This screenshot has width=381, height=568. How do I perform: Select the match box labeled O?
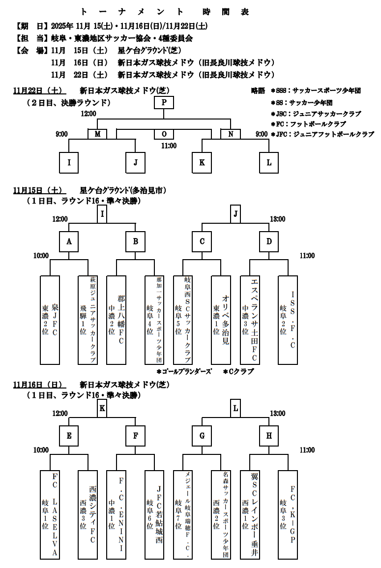(164, 134)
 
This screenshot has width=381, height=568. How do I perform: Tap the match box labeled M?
(97, 134)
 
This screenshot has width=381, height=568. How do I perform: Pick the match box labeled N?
(230, 134)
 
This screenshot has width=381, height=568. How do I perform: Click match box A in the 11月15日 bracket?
(69, 241)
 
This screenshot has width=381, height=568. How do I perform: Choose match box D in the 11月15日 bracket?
(269, 241)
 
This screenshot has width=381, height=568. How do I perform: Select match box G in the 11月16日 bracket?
(202, 436)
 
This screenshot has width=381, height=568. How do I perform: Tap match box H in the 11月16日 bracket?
(269, 436)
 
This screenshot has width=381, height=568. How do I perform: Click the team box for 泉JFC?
(50, 320)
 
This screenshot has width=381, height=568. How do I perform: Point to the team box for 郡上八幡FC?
(116, 320)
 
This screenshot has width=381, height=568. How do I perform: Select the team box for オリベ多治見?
(221, 320)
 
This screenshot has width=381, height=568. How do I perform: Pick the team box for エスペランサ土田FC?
(249, 320)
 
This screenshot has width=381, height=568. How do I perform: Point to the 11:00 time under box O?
(169, 146)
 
